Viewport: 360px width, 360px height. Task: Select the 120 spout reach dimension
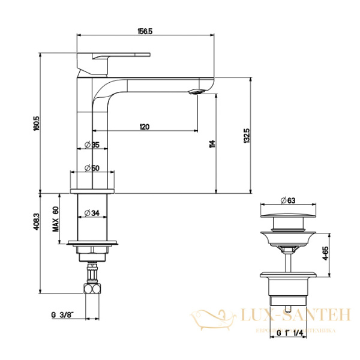(145, 127)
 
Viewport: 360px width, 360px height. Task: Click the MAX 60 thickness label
(55, 219)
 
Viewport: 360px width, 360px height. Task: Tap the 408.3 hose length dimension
(37, 223)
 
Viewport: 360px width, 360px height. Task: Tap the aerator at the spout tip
(197, 92)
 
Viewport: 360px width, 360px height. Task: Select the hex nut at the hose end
(92, 289)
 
